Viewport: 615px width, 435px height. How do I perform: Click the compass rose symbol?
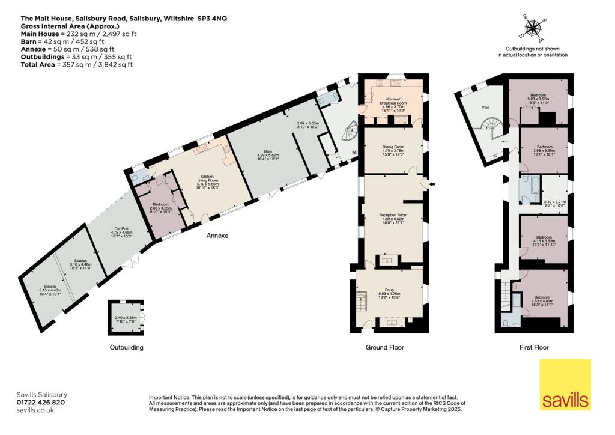(532, 28)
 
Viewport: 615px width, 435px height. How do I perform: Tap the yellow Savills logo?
(565, 385)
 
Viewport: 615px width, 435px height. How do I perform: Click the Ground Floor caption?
(384, 347)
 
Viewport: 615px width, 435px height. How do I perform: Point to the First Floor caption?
(533, 347)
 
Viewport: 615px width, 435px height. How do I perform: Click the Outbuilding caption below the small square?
(126, 347)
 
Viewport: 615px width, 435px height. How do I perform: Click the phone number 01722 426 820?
(41, 403)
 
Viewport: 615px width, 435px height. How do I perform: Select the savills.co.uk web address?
(35, 410)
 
